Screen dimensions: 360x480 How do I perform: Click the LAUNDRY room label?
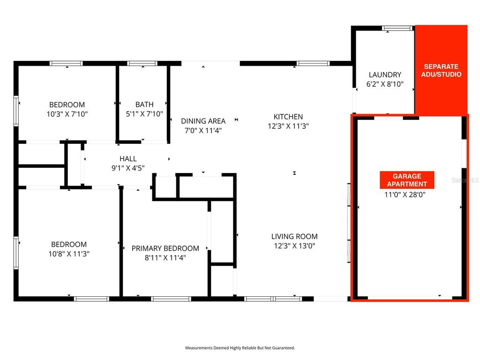click(385, 75)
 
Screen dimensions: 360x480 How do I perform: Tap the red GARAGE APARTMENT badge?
click(406, 180)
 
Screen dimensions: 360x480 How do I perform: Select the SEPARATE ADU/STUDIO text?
click(441, 70)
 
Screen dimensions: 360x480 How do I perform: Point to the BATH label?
click(144, 104)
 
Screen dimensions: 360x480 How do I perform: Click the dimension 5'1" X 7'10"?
click(144, 113)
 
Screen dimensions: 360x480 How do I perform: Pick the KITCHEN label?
click(288, 116)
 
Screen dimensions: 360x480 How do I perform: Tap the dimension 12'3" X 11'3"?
click(288, 126)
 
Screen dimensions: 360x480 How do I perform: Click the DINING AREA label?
click(203, 121)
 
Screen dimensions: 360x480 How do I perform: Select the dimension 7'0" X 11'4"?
click(203, 130)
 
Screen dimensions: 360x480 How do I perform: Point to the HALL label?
click(128, 159)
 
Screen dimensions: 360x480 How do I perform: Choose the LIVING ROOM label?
click(294, 237)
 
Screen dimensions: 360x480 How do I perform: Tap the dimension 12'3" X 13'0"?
click(294, 246)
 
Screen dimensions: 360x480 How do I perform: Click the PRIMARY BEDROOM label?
click(165, 248)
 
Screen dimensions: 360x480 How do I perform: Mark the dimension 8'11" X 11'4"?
click(165, 257)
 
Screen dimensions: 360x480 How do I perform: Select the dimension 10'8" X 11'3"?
click(69, 254)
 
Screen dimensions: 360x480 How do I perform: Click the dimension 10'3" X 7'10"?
click(67, 114)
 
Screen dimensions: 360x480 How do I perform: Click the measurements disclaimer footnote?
click(240, 348)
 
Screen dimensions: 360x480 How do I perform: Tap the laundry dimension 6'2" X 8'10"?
click(385, 84)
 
